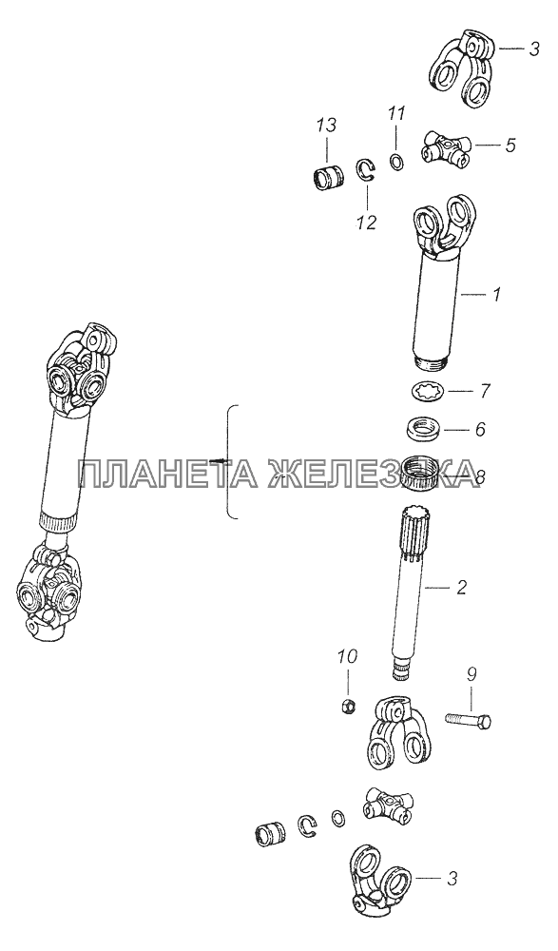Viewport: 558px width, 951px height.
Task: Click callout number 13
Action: (x=326, y=126)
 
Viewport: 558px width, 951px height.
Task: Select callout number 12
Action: (x=366, y=222)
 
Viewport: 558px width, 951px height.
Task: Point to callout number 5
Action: (x=510, y=146)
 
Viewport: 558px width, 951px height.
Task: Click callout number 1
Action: (x=496, y=295)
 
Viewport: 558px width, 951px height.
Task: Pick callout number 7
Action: (x=485, y=391)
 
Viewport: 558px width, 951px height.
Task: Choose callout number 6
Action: (x=480, y=429)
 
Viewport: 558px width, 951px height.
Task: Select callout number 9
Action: (x=471, y=673)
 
